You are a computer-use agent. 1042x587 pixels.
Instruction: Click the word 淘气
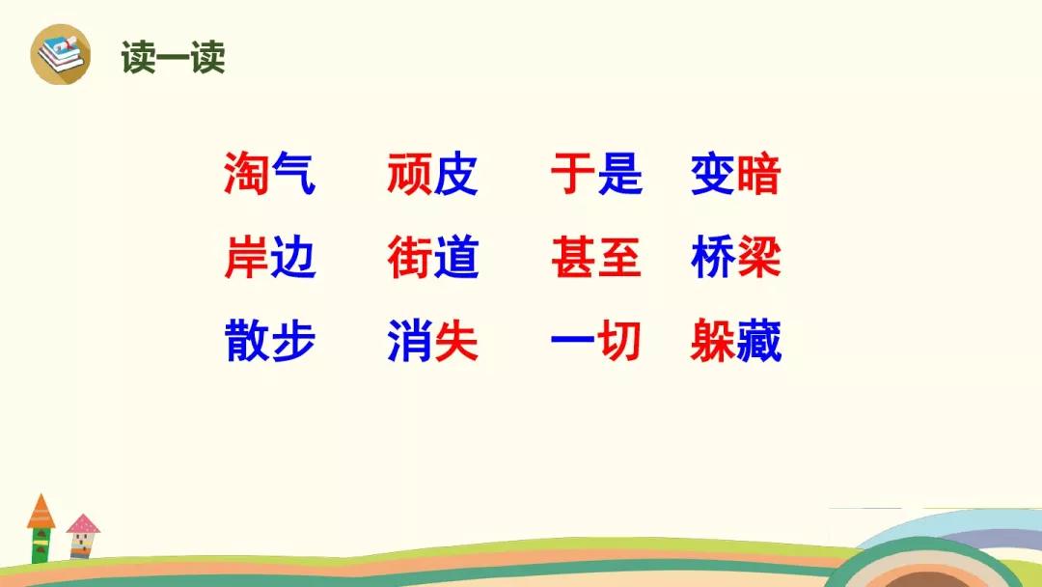tap(269, 174)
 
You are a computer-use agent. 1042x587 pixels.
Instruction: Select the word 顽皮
tap(432, 174)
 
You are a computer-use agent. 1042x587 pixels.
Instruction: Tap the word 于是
tap(597, 174)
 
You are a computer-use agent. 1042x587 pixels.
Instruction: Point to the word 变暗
tap(735, 174)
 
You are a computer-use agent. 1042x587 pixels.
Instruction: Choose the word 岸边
tap(269, 257)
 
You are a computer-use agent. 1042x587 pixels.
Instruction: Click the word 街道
tap(432, 257)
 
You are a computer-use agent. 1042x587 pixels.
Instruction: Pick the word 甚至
tap(597, 257)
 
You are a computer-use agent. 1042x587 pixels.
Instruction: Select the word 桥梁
tap(735, 257)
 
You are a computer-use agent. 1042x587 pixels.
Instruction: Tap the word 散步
tap(269, 341)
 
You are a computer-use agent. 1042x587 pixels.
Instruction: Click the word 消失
tap(432, 341)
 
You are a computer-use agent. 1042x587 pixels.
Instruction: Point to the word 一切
tap(597, 341)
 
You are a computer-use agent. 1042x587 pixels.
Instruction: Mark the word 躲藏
tap(735, 341)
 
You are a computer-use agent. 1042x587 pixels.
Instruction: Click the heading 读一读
tap(173, 57)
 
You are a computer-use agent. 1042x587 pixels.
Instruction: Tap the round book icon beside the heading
tap(61, 54)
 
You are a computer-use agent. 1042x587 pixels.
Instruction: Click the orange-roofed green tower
tap(41, 529)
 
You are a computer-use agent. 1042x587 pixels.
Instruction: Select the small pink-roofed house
tap(82, 536)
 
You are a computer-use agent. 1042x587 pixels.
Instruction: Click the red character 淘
tap(246, 174)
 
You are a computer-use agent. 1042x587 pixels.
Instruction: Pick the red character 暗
tap(759, 174)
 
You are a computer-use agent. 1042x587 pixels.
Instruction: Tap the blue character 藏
tap(759, 341)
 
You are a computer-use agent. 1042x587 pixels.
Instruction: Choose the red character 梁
tap(759, 257)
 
